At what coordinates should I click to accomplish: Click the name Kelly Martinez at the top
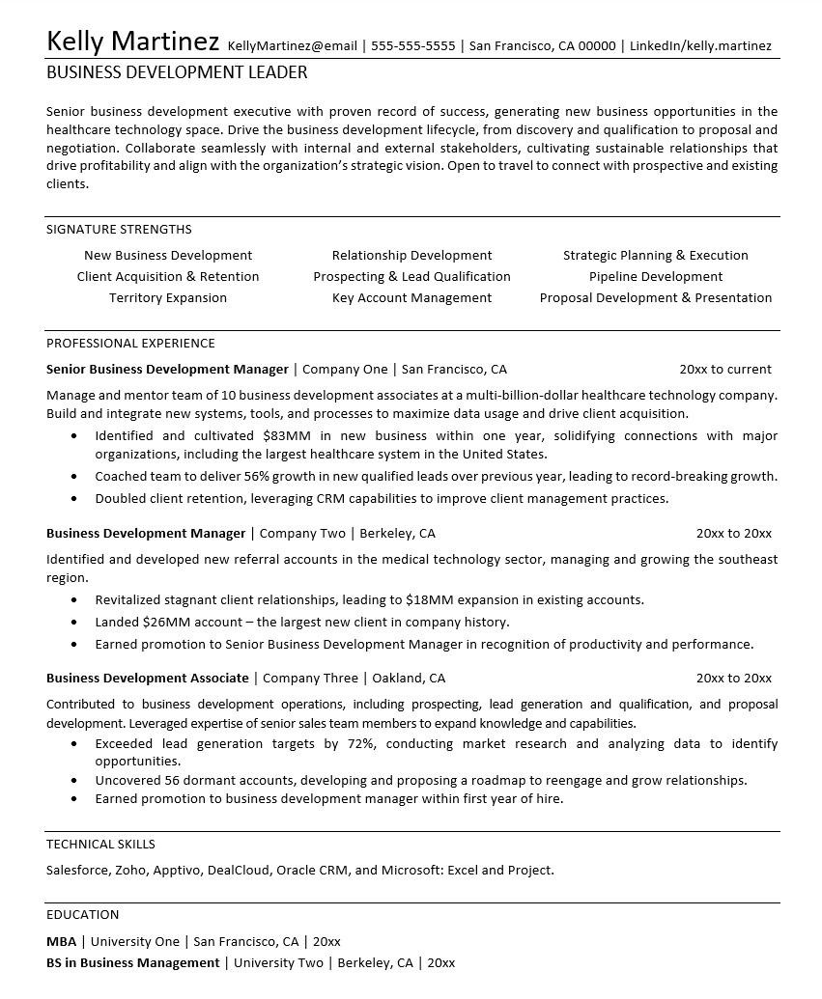pos(132,42)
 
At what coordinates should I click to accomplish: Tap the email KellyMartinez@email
pos(292,45)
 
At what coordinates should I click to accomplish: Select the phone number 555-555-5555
pos(412,45)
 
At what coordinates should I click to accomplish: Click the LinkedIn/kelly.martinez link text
pos(700,45)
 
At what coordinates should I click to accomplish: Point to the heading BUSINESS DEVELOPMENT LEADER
pos(177,72)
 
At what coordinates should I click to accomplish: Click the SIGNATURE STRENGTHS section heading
pos(119,230)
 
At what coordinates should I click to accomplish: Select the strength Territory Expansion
pos(168,298)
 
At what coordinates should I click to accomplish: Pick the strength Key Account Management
pos(411,298)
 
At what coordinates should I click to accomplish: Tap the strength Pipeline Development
pos(656,277)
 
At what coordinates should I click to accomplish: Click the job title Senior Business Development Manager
pos(167,369)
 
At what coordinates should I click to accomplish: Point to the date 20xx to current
pos(725,369)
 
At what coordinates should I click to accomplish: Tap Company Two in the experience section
pos(302,533)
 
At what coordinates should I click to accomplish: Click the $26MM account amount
pos(166,623)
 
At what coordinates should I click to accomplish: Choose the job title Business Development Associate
pos(147,678)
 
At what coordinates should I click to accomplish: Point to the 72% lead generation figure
pos(360,744)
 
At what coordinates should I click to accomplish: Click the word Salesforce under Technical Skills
pos(76,870)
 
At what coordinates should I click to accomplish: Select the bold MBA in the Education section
pos(61,941)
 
